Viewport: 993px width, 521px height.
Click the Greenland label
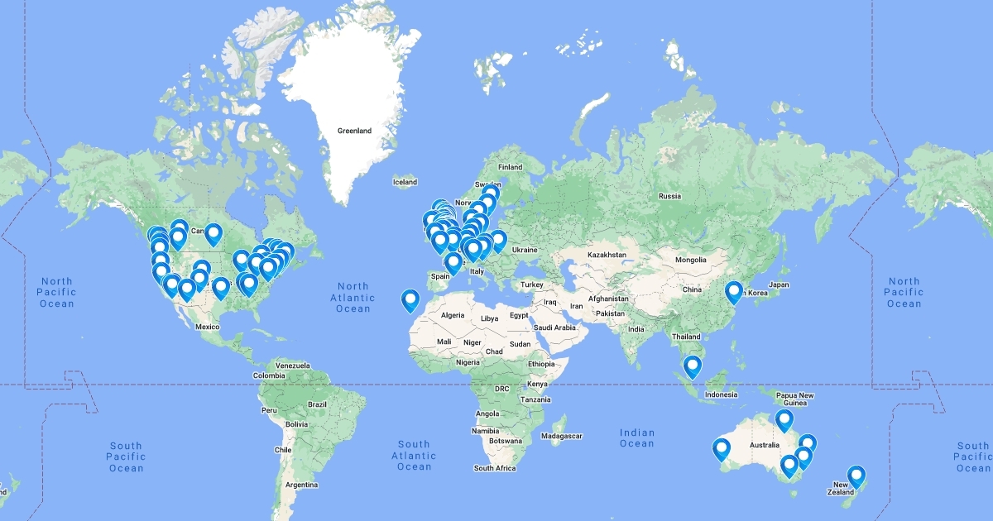[x=354, y=131]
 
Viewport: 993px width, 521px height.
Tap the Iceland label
[x=405, y=182]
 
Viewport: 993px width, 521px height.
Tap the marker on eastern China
[x=733, y=292]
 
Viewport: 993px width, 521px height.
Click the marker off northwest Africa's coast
[x=410, y=300]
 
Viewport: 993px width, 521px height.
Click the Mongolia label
[x=690, y=260]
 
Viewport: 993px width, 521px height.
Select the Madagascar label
[x=562, y=436]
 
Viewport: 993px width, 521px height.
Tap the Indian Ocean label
[x=637, y=437]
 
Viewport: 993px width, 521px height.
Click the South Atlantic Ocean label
[x=414, y=455]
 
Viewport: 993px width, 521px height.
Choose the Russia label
[x=669, y=196]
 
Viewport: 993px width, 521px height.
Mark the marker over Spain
[x=453, y=262]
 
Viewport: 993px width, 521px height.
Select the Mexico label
[x=207, y=327]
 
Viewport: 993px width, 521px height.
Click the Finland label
[x=510, y=167]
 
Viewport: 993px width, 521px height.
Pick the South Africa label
[x=495, y=468]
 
